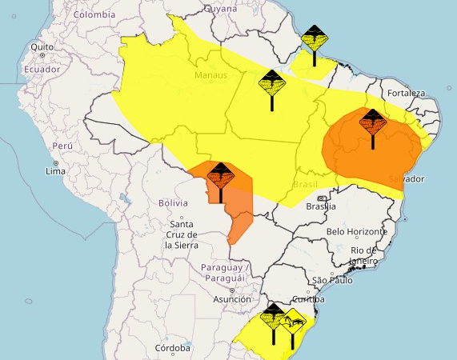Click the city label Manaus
click(211, 76)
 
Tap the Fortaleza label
click(406, 94)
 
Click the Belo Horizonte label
click(357, 232)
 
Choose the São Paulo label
click(332, 280)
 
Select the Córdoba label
click(174, 349)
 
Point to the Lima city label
click(55, 171)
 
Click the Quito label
click(42, 47)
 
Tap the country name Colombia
click(94, 14)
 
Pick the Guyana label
click(221, 8)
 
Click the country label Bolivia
click(172, 203)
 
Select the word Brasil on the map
click(305, 184)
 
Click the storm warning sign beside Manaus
click(272, 82)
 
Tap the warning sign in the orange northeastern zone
click(372, 122)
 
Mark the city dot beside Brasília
click(322, 198)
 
